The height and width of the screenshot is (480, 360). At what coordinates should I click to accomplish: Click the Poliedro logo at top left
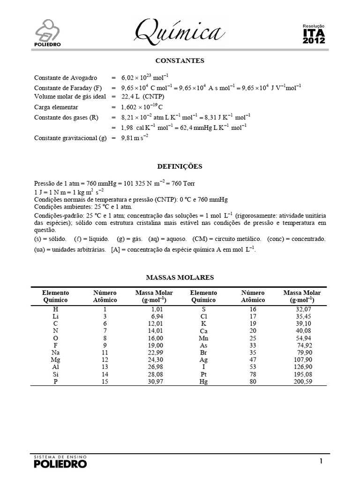pyautogui.click(x=50, y=33)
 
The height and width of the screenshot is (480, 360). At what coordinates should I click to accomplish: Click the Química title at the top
pyautogui.click(x=178, y=32)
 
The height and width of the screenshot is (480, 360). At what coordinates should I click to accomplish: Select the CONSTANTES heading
pyautogui.click(x=180, y=61)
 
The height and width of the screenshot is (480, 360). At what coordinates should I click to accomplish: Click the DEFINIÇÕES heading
pyautogui.click(x=180, y=166)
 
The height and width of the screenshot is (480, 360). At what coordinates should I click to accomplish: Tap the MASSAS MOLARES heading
pyautogui.click(x=180, y=277)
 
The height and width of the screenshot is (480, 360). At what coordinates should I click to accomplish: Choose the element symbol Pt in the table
pyautogui.click(x=203, y=374)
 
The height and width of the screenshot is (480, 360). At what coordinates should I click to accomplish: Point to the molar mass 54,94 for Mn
pyautogui.click(x=302, y=337)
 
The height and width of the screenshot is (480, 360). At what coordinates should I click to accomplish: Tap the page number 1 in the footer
pyautogui.click(x=321, y=461)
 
